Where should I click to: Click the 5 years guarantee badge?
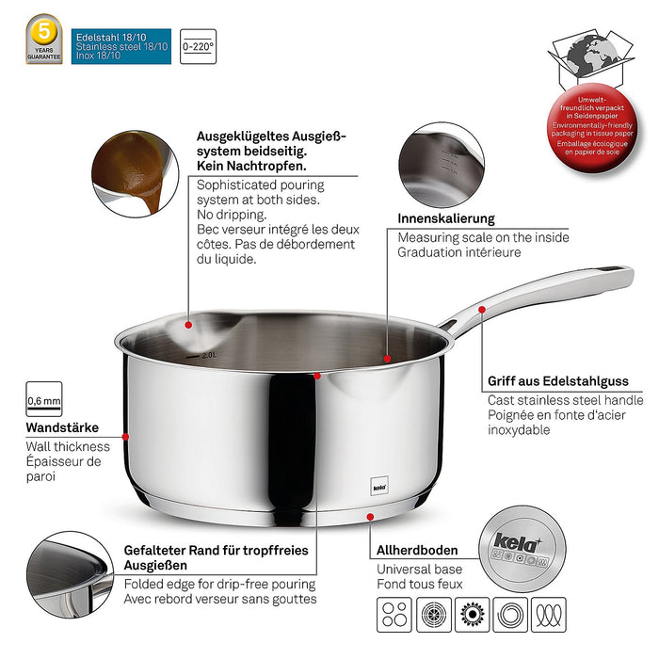[44, 39]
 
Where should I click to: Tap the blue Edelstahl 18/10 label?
[121, 45]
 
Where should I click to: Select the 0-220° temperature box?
[198, 45]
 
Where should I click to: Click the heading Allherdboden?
[417, 549]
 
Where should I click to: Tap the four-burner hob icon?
[394, 617]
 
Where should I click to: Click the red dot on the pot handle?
[481, 308]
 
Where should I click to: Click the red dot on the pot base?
[370, 517]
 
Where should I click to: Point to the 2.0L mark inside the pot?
[208, 356]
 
